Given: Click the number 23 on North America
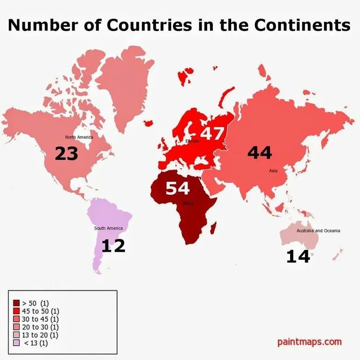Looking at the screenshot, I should (66, 153).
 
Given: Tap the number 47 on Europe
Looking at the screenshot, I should (212, 133).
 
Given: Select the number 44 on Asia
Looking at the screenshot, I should (260, 152).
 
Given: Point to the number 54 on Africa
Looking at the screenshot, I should (177, 188).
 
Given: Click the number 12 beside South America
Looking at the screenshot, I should (113, 246).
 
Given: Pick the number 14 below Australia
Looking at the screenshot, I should (298, 256).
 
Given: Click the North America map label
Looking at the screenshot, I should (79, 137).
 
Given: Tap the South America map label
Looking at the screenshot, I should (108, 228).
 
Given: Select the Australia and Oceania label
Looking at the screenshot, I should (318, 231).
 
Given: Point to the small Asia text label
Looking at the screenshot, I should (273, 171).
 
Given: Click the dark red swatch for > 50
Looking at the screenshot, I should (16, 303).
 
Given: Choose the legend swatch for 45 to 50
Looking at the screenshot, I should (16, 311).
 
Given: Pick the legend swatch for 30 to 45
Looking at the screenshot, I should (16, 319).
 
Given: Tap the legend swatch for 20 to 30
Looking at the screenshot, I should (16, 327).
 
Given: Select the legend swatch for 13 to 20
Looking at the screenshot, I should (16, 335).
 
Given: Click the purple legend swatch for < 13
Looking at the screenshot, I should (16, 343).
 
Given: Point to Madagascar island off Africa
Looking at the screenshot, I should (213, 229).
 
